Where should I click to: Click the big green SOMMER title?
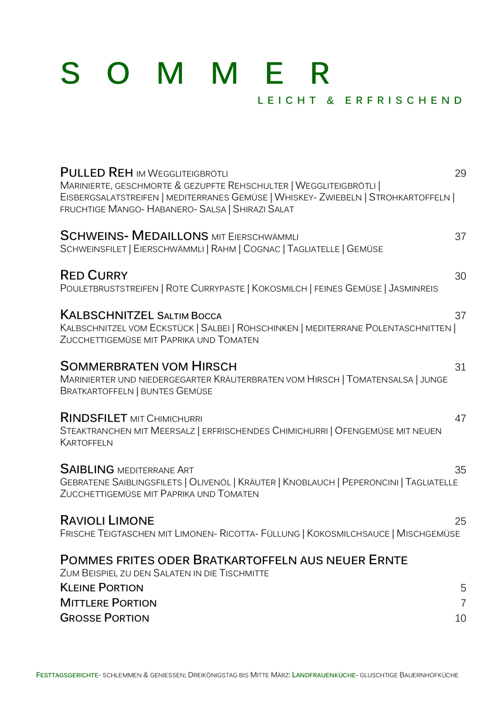tap(195, 74)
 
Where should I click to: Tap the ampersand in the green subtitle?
tap(331, 101)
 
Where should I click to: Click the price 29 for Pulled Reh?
tap(460, 174)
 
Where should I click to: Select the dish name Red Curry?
tap(94, 275)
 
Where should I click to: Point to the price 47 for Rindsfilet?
tap(460, 419)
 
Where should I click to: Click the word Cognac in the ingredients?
tap(262, 249)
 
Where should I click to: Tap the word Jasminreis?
tap(413, 289)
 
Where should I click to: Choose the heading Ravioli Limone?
tap(107, 521)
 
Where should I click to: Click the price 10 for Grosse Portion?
tap(460, 618)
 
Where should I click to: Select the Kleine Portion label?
tap(101, 588)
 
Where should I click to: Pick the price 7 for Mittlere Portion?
tap(463, 603)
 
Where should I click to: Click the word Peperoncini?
tap(370, 483)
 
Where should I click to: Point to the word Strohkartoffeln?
tap(409, 197)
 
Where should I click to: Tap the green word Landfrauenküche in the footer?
tap(324, 675)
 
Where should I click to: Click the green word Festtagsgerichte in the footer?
tap(67, 675)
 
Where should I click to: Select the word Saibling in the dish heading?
tap(87, 469)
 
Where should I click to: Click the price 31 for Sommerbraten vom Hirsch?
tap(460, 367)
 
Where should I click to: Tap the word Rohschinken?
tap(267, 328)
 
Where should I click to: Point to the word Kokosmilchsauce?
tap(348, 534)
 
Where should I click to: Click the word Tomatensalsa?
tap(380, 380)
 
